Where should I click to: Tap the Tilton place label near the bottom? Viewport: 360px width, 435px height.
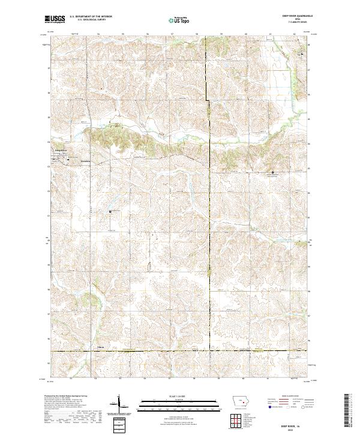tap(101, 347)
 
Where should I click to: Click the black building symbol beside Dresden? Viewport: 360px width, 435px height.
tap(68, 160)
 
